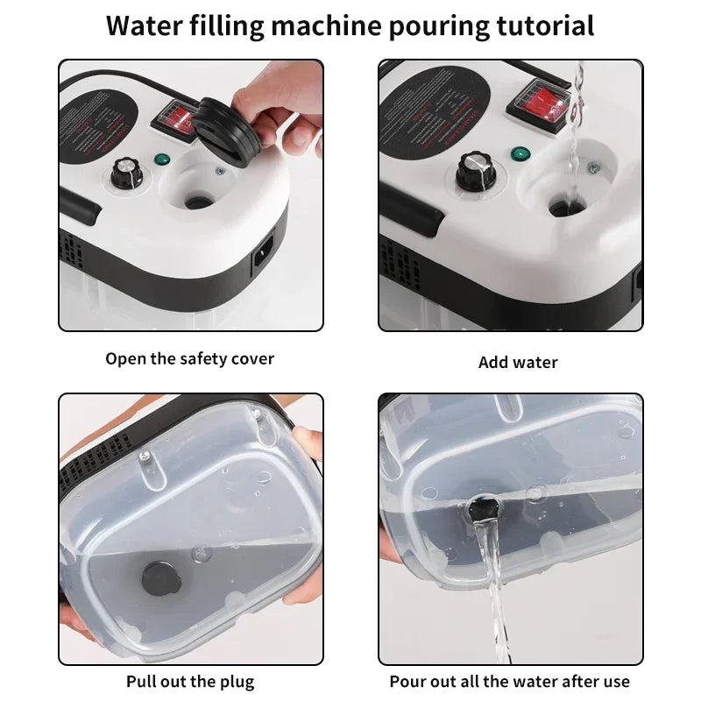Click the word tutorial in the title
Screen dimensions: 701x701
(542, 25)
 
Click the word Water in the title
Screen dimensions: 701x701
(143, 25)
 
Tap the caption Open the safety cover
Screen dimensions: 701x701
(190, 358)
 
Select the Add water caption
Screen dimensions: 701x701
(518, 362)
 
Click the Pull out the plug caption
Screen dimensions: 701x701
(190, 682)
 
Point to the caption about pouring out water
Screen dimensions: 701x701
(510, 682)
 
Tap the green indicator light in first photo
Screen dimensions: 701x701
(161, 159)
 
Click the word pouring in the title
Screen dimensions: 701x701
(431, 25)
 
